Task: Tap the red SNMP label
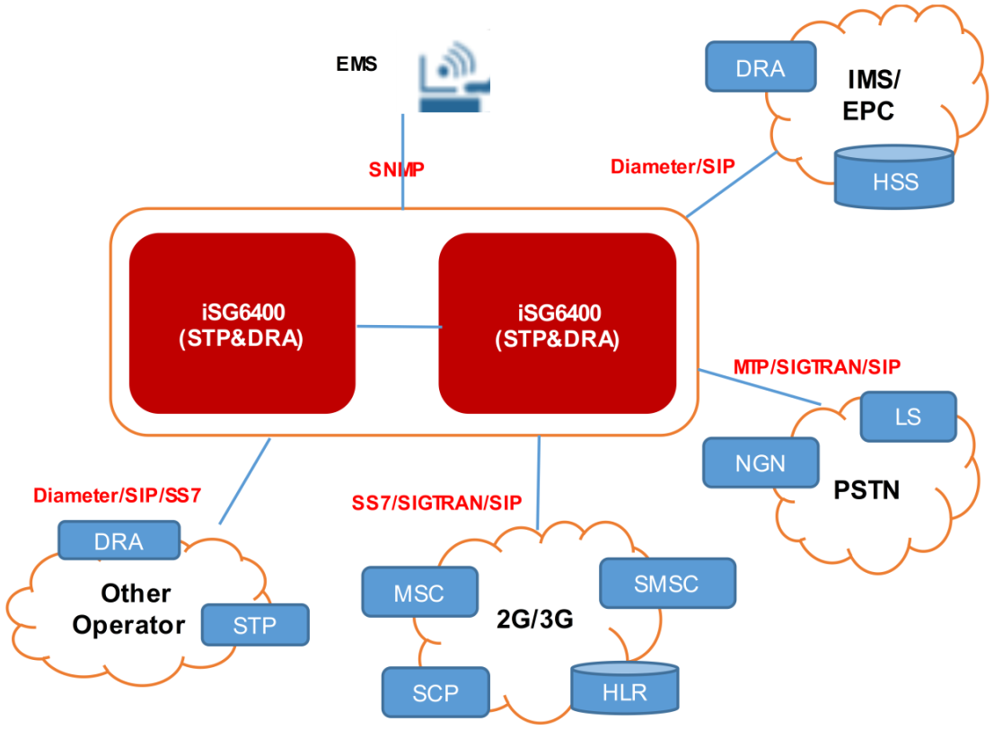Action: (x=396, y=169)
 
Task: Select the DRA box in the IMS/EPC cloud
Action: (x=760, y=67)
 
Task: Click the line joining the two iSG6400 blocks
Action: (x=397, y=326)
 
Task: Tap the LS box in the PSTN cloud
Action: (x=908, y=417)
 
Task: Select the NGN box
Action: (x=761, y=463)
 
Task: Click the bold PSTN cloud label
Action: (x=866, y=490)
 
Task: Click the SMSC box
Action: (x=666, y=584)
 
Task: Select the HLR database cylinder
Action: (x=624, y=690)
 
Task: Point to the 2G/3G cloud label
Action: (x=534, y=620)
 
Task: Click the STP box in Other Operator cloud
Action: (x=255, y=625)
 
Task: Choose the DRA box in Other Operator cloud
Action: (x=119, y=541)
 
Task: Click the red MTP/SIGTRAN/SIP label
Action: (x=816, y=366)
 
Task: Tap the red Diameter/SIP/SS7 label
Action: (x=117, y=495)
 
